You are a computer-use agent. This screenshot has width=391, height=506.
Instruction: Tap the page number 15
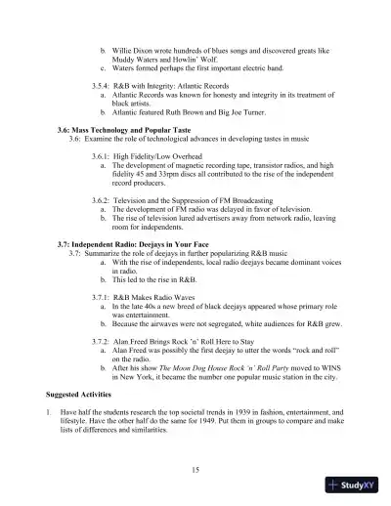tap(196, 470)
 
